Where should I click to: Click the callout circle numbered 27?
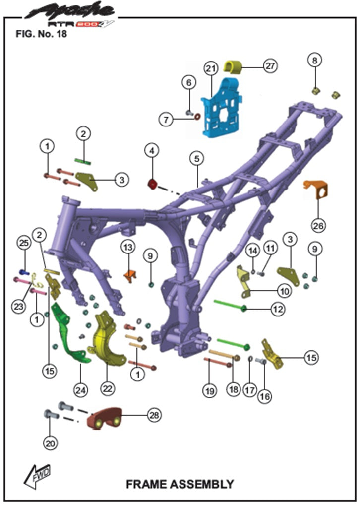(270, 66)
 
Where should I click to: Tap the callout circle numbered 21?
(211, 68)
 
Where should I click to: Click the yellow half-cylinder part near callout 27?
(234, 66)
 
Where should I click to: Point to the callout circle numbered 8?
(314, 60)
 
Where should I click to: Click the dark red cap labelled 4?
(152, 184)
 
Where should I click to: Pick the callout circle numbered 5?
(197, 159)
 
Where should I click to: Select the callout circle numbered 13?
(128, 248)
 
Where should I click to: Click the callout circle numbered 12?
(278, 309)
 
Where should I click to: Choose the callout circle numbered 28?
(154, 415)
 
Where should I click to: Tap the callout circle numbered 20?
(50, 443)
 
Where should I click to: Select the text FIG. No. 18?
(41, 34)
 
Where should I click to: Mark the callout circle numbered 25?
(24, 243)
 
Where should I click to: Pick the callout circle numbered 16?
(264, 396)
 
